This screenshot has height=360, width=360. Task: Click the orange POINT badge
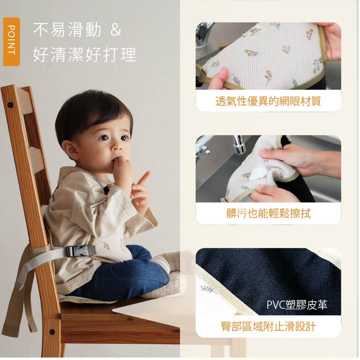pyautogui.click(x=11, y=41)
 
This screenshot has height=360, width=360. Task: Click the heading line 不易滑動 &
pyautogui.click(x=77, y=30)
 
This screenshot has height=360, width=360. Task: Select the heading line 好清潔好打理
pyautogui.click(x=84, y=54)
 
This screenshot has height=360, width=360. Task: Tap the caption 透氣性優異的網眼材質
pyautogui.click(x=268, y=101)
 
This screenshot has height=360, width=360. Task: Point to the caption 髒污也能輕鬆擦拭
pyautogui.click(x=268, y=213)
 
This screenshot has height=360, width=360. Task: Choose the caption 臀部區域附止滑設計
pyautogui.click(x=268, y=326)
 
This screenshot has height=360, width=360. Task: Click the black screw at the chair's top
pyautogui.click(x=10, y=105)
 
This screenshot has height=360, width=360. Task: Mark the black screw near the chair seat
pyautogui.click(x=51, y=332)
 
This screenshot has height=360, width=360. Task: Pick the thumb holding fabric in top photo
pyautogui.click(x=218, y=78)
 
